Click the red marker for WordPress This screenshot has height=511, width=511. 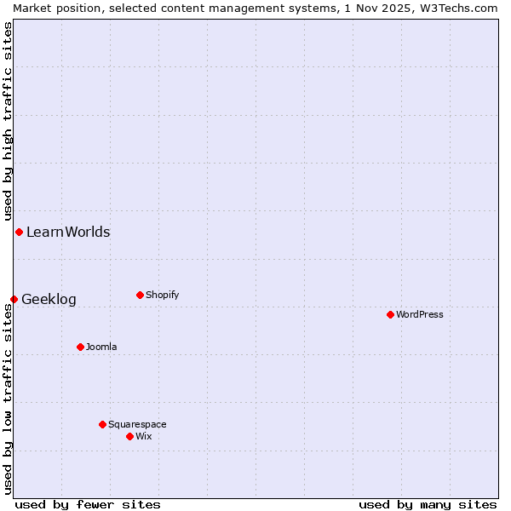tap(390, 314)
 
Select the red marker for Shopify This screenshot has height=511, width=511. tap(140, 295)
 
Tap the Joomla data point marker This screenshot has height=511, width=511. tap(80, 347)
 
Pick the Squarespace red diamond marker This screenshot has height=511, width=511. tap(102, 424)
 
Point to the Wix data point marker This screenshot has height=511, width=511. tap(129, 436)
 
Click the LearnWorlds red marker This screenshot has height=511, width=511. tap(19, 232)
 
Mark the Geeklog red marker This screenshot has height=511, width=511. tap(14, 299)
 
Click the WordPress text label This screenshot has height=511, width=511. tap(420, 314)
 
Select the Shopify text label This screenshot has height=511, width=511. tap(162, 295)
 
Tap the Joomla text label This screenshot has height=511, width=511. tap(101, 347)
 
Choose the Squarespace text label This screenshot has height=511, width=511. tap(137, 424)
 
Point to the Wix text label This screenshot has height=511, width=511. tap(144, 436)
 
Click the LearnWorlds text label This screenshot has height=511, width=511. tap(68, 232)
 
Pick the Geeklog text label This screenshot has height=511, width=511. tap(49, 299)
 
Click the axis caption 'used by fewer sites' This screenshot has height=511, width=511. tap(88, 504)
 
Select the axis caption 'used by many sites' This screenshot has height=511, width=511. tap(428, 504)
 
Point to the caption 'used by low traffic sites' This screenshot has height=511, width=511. tap(8, 399)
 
